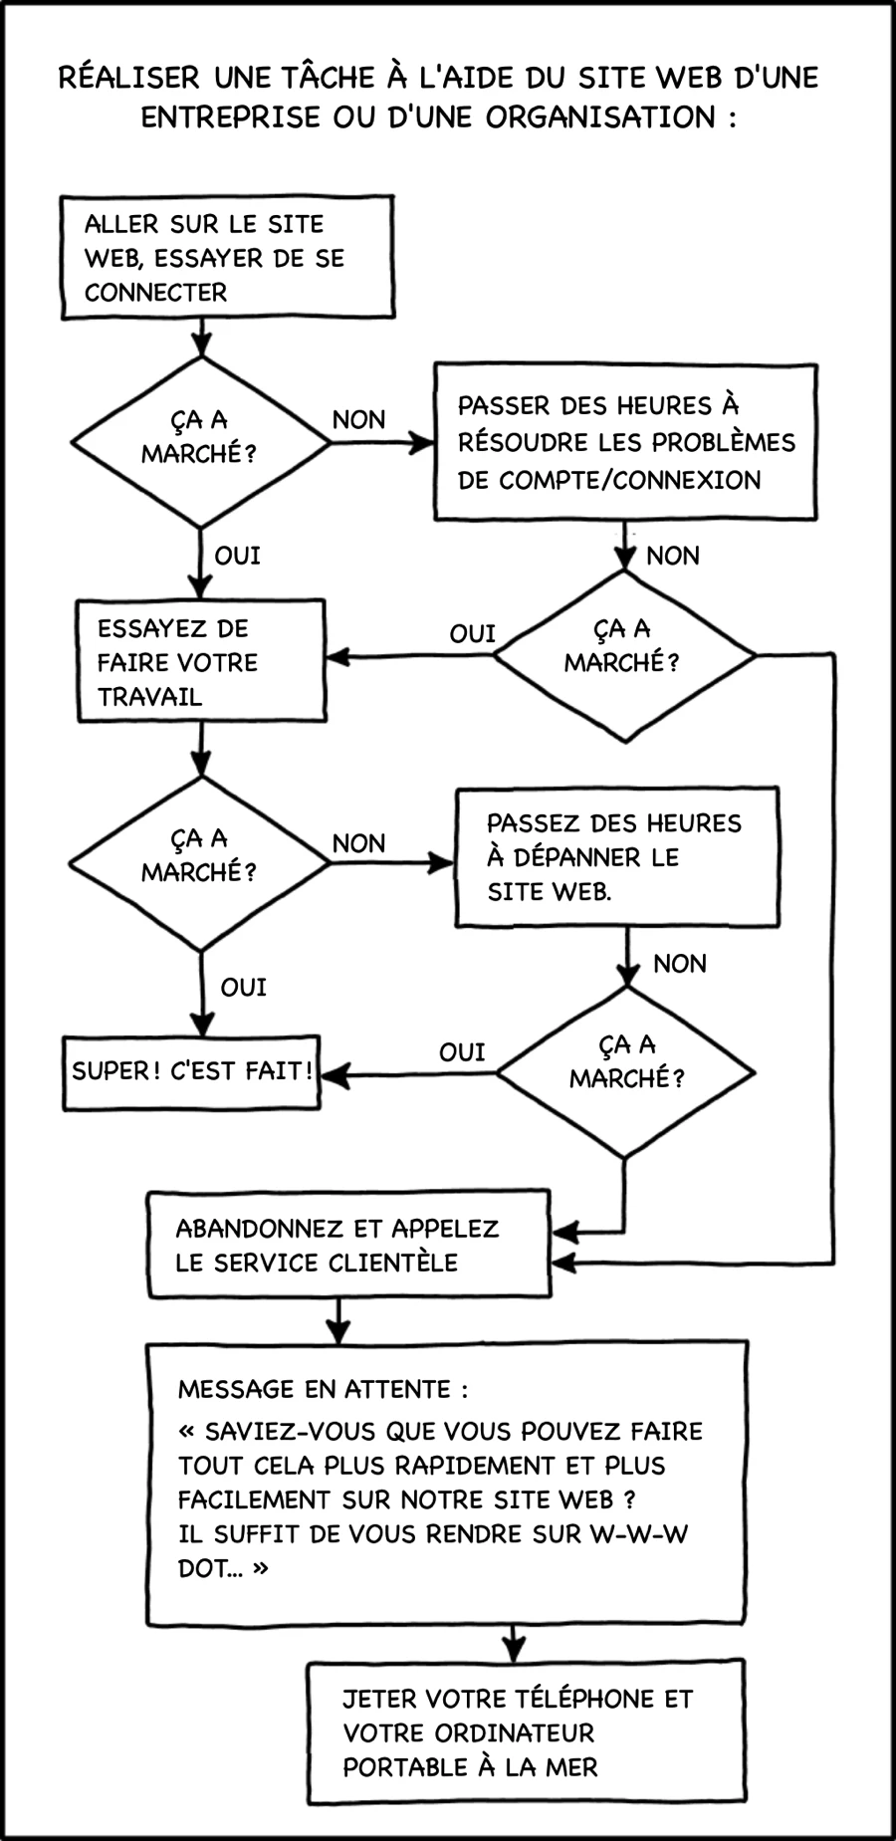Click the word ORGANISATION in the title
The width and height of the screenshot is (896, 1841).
600,117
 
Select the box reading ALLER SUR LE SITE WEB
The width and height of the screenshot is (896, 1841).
227,258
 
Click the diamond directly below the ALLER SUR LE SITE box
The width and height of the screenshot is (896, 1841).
200,441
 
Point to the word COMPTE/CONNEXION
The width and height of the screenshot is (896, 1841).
629,480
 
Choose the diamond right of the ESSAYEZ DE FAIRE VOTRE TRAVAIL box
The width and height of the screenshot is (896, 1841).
624,655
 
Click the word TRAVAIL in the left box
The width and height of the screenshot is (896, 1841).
150,696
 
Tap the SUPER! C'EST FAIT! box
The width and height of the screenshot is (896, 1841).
192,1071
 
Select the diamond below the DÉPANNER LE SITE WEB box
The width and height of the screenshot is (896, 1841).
625,1072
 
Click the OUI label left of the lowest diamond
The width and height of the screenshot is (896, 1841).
462,1052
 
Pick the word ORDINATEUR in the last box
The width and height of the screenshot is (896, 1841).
518,1732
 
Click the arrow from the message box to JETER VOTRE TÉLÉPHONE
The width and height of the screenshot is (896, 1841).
513,1643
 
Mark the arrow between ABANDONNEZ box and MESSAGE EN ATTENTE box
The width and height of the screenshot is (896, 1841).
338,1320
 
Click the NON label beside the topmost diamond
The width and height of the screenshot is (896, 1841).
358,419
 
